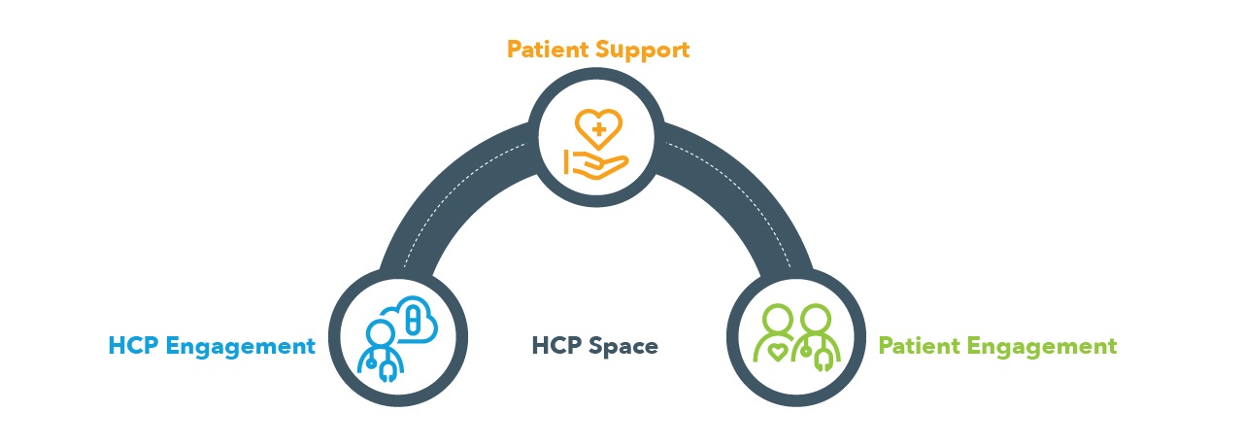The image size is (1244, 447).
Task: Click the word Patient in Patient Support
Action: (x=547, y=50)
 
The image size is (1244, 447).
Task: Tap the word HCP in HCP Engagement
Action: (x=133, y=346)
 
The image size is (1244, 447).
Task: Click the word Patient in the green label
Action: (x=919, y=346)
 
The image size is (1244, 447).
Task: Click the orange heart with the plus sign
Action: (x=598, y=128)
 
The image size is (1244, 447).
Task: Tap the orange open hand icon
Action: (x=596, y=165)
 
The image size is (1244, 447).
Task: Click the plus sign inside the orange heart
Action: (x=598, y=129)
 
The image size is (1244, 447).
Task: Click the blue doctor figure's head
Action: (x=380, y=334)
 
